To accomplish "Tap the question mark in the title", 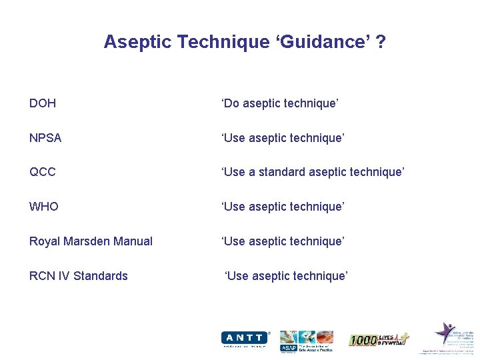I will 381,42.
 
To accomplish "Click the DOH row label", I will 43,103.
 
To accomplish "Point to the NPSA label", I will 45,138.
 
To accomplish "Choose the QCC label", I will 43,172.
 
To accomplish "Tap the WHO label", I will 44,207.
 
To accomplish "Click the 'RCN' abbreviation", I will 41,276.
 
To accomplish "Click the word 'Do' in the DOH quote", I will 231,103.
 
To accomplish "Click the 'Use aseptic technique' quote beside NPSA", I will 283,138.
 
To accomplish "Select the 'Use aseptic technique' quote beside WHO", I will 283,207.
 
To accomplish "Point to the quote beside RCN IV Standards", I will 287,276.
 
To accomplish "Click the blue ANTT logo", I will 245,339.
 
